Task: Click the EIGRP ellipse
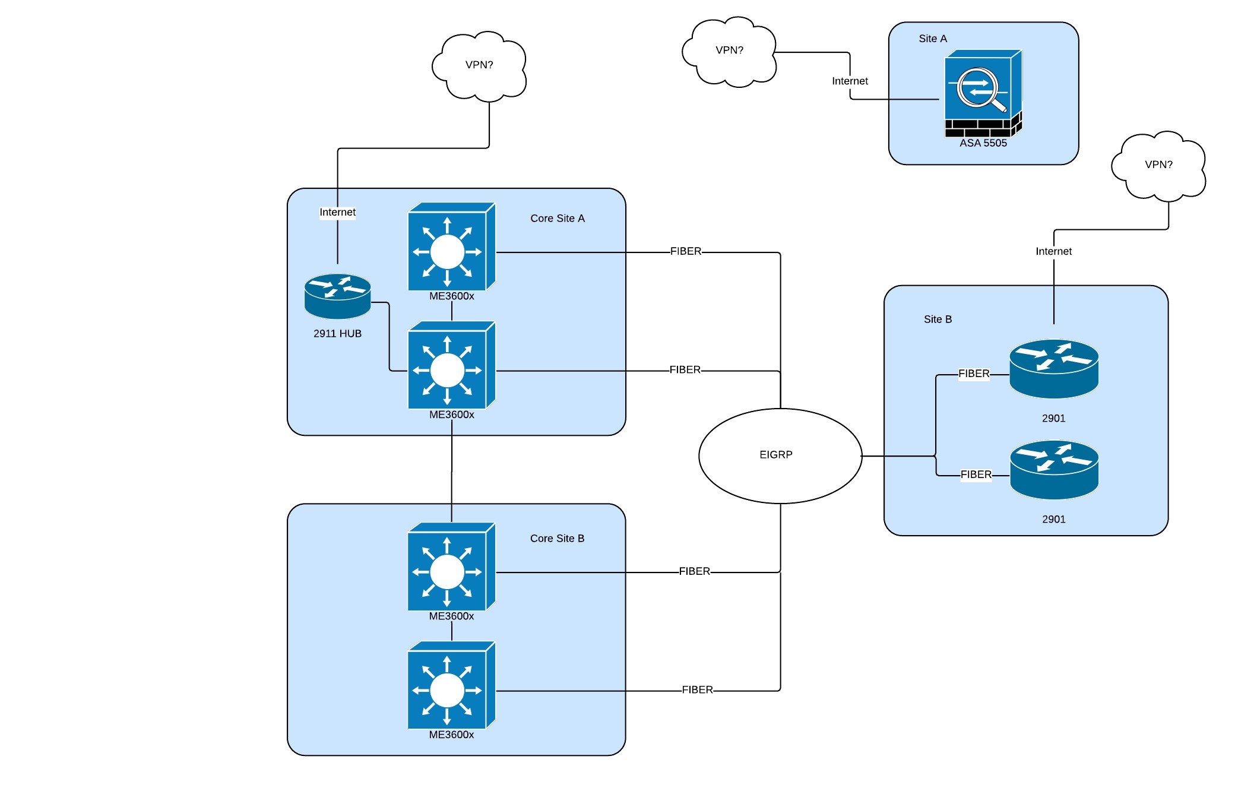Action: point(780,455)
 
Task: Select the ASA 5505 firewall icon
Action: point(983,93)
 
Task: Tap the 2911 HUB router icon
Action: point(337,296)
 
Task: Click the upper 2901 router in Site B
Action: point(1054,368)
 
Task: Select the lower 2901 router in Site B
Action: point(1054,470)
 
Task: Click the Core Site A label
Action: point(557,219)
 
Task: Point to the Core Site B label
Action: point(557,539)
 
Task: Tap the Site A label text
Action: point(933,39)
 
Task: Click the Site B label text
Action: point(938,319)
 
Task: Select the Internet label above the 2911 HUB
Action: point(337,213)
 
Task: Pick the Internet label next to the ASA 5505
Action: point(850,81)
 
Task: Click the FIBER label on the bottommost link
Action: point(697,690)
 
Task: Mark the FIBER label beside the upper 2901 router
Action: point(974,374)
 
